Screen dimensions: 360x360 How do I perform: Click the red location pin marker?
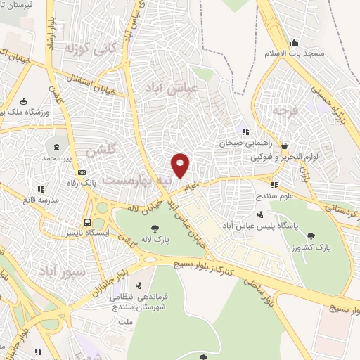[181, 165]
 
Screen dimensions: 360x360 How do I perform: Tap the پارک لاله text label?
[154, 239]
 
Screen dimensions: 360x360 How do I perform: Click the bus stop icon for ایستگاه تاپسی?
[88, 217]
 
